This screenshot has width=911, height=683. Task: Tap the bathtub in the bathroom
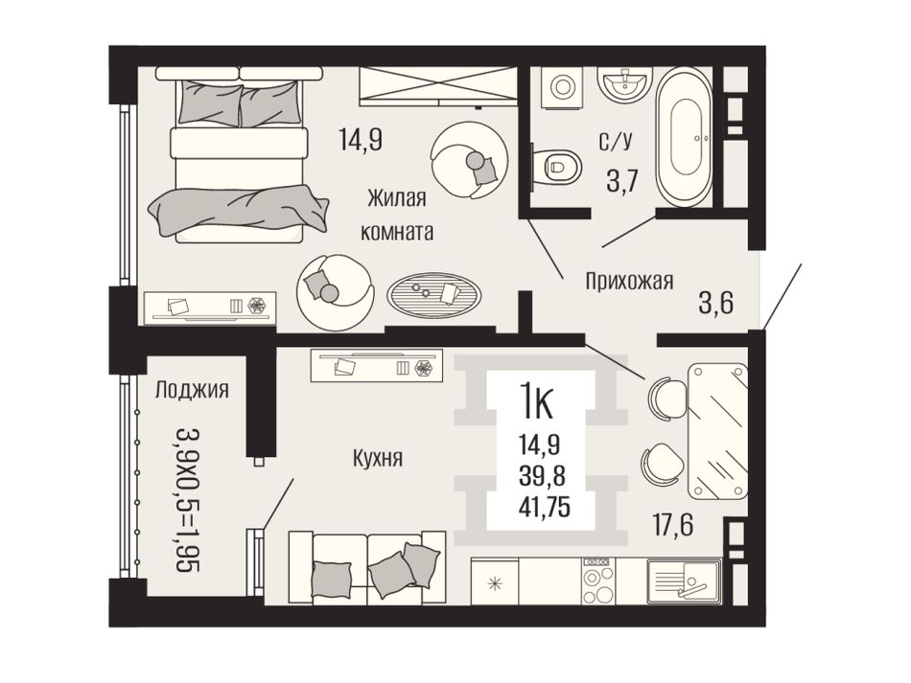[x=685, y=137]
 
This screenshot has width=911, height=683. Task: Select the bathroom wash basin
[x=625, y=86]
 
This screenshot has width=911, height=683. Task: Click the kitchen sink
[x=685, y=581]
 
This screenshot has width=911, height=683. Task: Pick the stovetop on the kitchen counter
[x=597, y=580]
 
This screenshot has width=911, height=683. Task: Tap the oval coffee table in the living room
[x=434, y=295]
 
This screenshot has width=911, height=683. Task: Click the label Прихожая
[x=629, y=281]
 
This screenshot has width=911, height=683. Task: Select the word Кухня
[x=378, y=459]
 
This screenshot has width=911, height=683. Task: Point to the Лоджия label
[x=192, y=390]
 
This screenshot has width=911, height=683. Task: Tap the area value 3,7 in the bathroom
[x=622, y=182]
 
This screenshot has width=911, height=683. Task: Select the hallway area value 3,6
[x=715, y=303]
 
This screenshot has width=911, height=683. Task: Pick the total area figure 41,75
[x=545, y=506]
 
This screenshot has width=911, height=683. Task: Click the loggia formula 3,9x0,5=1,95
[x=188, y=500]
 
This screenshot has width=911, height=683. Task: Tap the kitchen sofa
[x=366, y=565]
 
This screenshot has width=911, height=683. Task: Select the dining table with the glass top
[x=717, y=430]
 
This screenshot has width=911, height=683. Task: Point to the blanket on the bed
[x=238, y=208]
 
